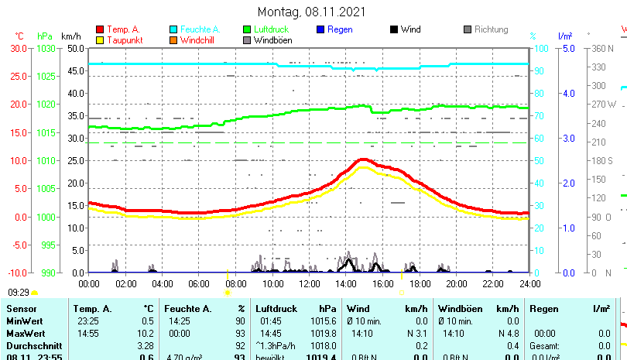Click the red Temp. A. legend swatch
[x=100, y=29]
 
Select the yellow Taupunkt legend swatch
[x=100, y=39]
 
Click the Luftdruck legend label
[x=271, y=29]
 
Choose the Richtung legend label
[x=491, y=29]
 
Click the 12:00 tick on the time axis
[x=309, y=283]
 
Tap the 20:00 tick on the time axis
[x=456, y=283]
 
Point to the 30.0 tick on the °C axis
[x=18, y=48]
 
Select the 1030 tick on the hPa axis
[x=46, y=48]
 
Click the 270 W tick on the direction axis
[x=604, y=105]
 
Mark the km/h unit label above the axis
[x=71, y=36]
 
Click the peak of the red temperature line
[x=363, y=159]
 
